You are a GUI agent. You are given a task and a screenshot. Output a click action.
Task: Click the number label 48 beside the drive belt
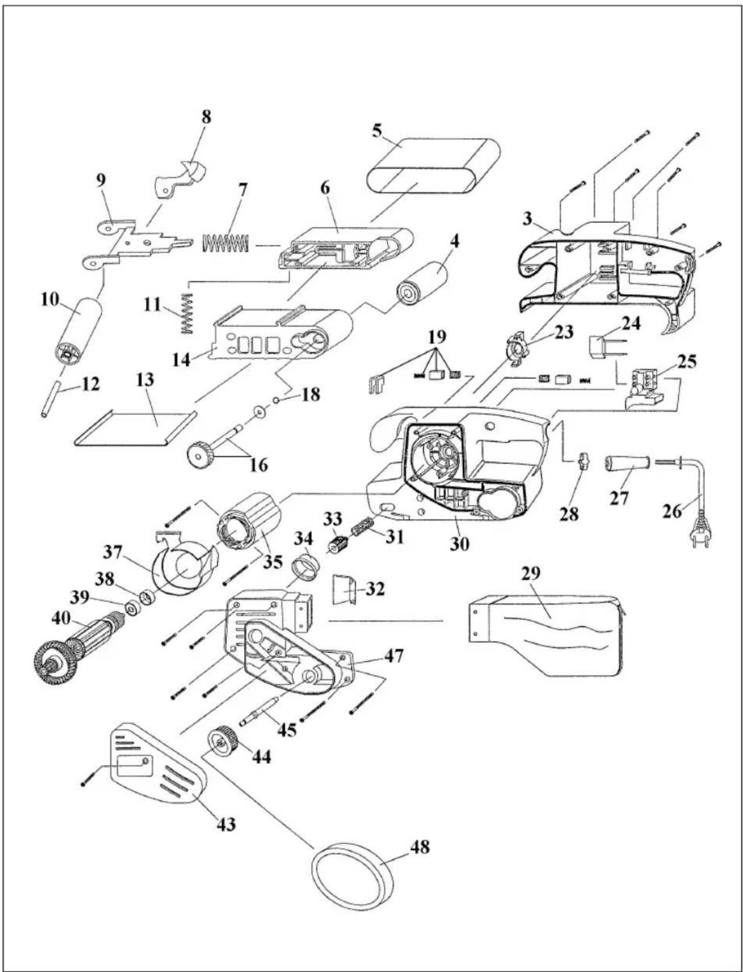pyautogui.click(x=419, y=846)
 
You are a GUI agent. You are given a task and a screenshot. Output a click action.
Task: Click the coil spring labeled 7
pyautogui.click(x=226, y=243)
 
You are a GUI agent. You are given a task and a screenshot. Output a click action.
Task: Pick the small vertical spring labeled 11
pyautogui.click(x=187, y=314)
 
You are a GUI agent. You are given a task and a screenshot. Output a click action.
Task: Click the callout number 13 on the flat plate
pyautogui.click(x=145, y=380)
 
